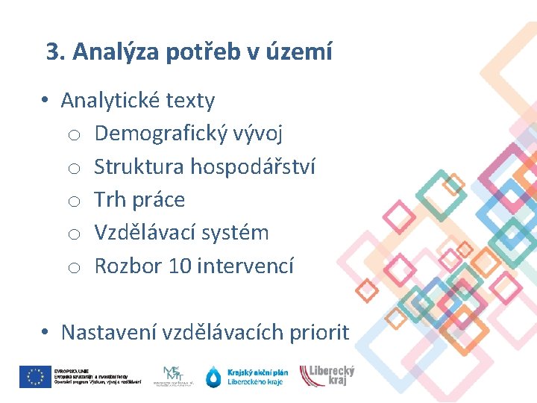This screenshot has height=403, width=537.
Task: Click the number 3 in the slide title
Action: coord(52,52)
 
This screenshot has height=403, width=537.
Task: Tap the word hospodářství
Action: coord(253,166)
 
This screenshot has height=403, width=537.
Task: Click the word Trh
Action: coord(110,199)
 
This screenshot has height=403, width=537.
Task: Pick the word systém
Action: coord(240,232)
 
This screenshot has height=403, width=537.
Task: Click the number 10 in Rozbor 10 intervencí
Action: coord(180,266)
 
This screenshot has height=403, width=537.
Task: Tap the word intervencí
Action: coord(245,266)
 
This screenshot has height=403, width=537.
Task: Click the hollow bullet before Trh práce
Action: coord(73,201)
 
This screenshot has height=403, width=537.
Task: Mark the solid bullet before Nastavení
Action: coord(45,333)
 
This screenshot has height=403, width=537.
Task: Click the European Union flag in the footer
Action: coord(34,377)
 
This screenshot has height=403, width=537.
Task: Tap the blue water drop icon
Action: coord(214,377)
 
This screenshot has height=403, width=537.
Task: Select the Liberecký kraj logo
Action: coord(327,375)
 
